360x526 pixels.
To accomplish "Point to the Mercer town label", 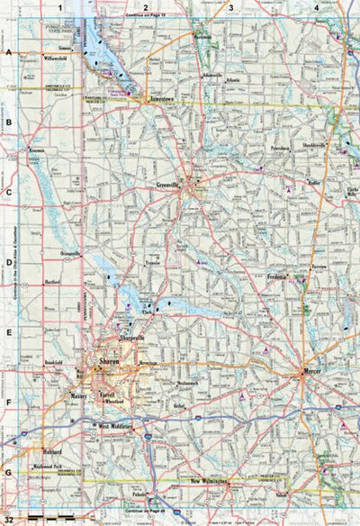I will (x=311, y=369).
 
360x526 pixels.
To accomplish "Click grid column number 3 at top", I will (x=231, y=7).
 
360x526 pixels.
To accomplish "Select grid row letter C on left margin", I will (x=9, y=193).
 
